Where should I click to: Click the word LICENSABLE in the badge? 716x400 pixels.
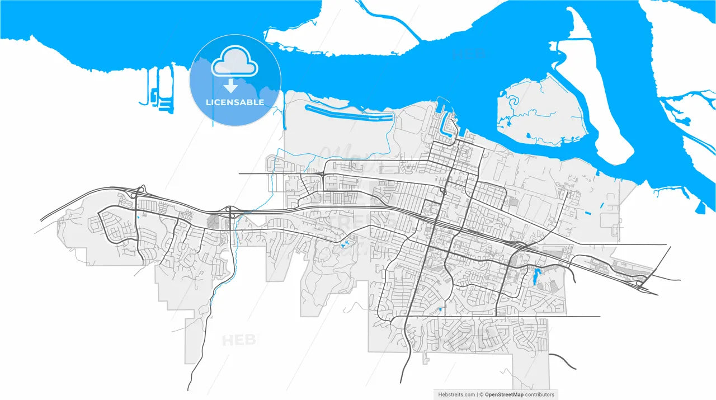(235, 102)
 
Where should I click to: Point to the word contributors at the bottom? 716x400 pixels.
(540, 394)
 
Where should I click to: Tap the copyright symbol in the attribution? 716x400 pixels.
(481, 394)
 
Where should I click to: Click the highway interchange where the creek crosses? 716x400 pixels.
(230, 212)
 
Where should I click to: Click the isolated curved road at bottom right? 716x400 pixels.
(562, 360)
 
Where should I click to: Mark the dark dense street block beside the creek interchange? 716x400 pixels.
(214, 222)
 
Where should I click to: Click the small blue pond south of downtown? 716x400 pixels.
(441, 309)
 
